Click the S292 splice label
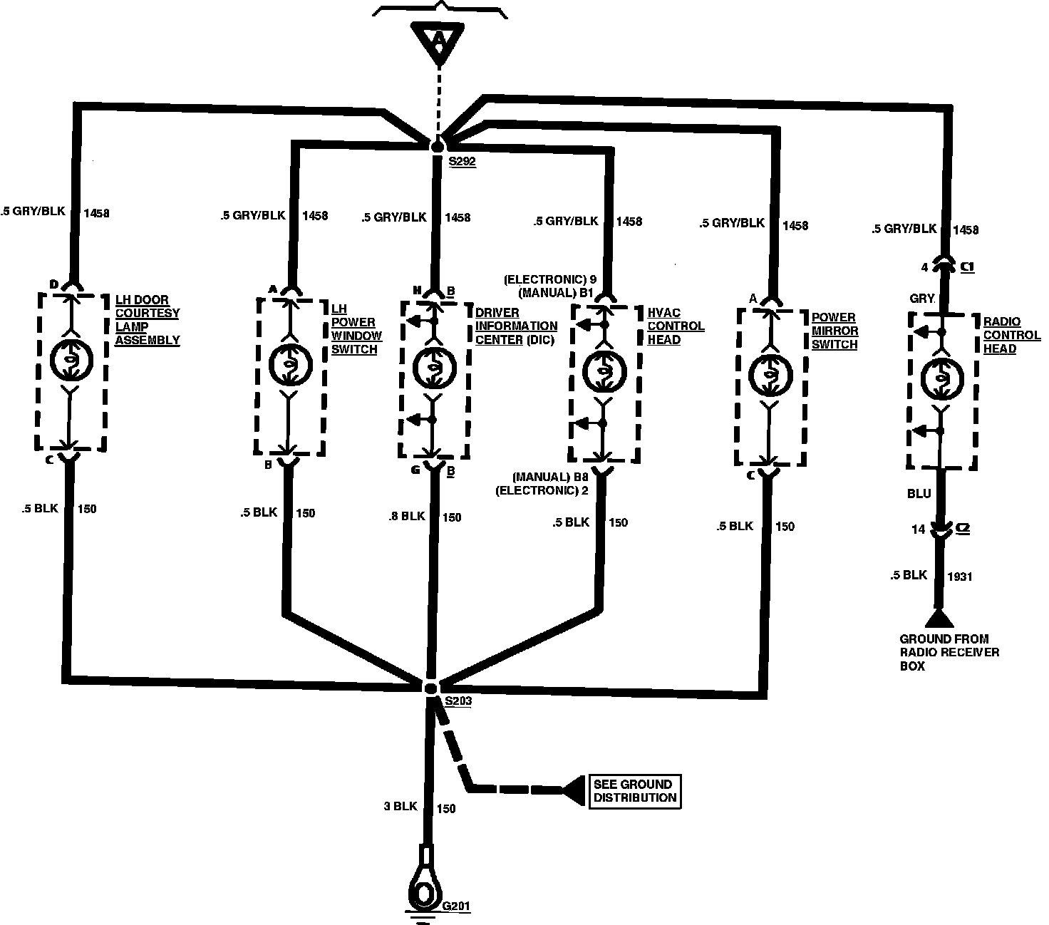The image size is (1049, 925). point(462,162)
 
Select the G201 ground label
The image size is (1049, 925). point(457,907)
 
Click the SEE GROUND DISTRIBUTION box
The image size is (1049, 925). point(634,791)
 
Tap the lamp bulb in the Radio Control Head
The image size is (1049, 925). point(941,378)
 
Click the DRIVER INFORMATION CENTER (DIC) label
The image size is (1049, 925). point(516,326)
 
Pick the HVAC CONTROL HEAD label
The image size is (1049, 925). point(676,326)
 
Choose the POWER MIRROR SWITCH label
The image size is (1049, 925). point(834,331)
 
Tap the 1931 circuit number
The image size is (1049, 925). point(959,577)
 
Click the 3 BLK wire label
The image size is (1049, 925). point(400,807)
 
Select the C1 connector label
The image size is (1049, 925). point(967,267)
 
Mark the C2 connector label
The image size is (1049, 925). point(962,529)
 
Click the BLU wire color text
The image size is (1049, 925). point(919,493)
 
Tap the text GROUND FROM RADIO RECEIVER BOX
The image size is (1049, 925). point(949,652)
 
